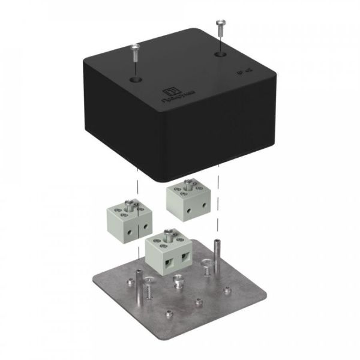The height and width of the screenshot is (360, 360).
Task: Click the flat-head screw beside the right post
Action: click(206, 263)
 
